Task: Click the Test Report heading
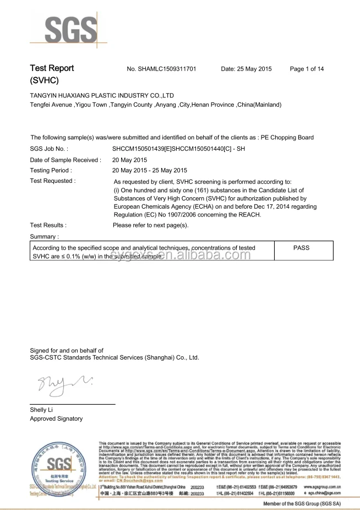52,68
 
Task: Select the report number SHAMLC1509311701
161,69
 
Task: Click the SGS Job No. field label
49,149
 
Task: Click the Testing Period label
51,170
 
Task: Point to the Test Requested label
53,181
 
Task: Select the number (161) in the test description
204,189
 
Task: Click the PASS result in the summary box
301,248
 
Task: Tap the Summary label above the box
44,236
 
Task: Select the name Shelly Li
42,410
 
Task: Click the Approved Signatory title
56,419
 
